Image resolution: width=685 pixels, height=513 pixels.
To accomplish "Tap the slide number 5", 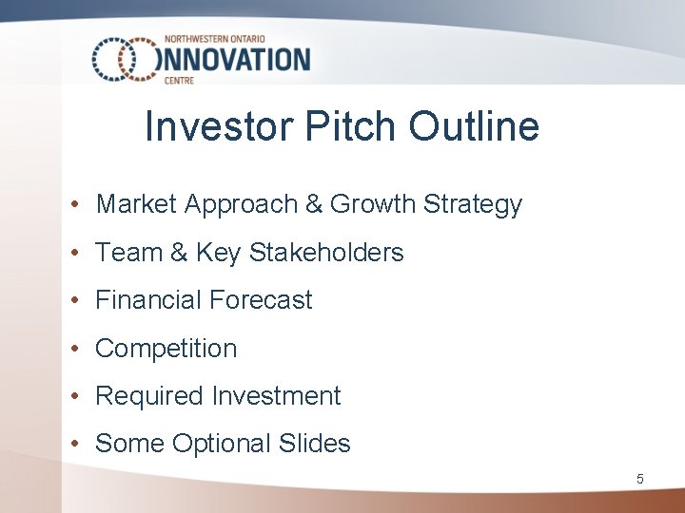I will [640, 480].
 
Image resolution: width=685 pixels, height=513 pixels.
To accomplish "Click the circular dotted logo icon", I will [125, 60].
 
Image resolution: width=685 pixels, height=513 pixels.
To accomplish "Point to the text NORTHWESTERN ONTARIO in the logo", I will [218, 39].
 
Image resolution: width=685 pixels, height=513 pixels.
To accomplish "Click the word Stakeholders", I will [326, 253].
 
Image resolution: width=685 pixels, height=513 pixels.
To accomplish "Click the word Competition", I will [166, 349].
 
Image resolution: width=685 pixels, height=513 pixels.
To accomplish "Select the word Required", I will [151, 396].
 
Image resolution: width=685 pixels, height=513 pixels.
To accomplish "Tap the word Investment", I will [277, 396].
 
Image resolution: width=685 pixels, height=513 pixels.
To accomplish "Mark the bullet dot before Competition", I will [72, 350].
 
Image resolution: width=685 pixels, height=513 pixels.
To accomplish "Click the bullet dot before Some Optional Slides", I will [72, 445].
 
